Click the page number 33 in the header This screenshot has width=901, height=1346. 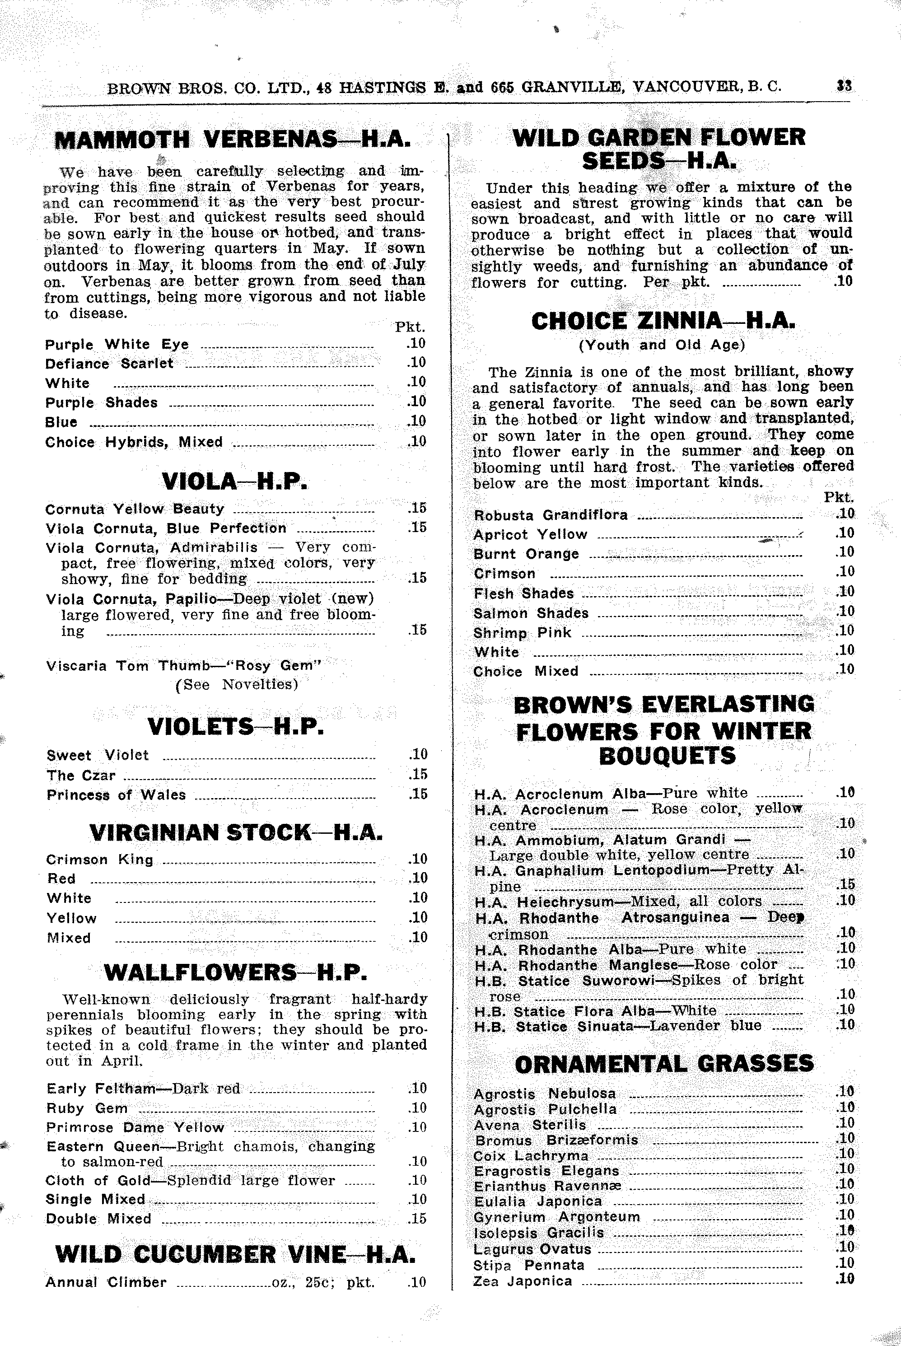coord(844,86)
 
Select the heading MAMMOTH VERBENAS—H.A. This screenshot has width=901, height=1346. coord(232,140)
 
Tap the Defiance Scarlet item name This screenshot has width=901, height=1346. coord(109,364)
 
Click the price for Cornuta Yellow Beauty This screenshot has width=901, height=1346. coord(417,508)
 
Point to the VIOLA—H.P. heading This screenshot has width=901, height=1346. coord(234,481)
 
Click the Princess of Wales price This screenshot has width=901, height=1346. coord(418,794)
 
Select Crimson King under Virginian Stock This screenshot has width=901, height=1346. coord(100,860)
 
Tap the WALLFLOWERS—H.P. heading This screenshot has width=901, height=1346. coord(236,972)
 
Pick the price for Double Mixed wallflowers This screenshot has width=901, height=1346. coord(417,1219)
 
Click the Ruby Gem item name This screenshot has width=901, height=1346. coord(87,1108)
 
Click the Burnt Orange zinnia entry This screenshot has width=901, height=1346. coord(526,554)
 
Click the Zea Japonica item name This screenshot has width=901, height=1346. coord(523,1281)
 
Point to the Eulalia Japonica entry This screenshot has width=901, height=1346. coord(538,1201)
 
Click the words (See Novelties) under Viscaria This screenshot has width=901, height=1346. coord(237,684)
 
